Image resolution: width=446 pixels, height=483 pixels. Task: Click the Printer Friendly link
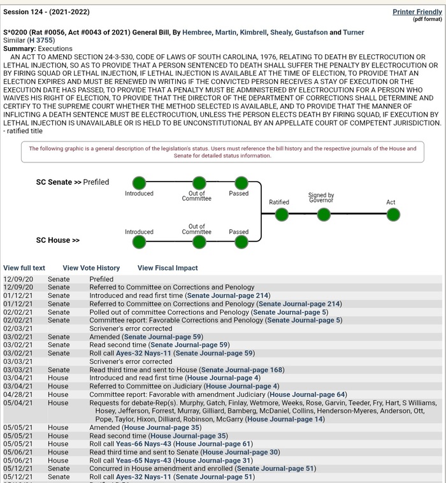point(417,12)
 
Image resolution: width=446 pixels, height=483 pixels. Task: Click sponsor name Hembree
point(194,32)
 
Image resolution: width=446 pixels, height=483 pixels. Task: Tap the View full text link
point(24,268)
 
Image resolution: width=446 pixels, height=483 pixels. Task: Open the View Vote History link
point(91,268)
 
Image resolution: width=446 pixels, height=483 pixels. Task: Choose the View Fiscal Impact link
point(168,268)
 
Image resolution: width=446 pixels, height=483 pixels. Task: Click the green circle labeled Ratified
point(282,215)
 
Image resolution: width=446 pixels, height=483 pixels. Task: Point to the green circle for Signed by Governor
point(324,215)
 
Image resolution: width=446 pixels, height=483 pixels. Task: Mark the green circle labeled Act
point(391,215)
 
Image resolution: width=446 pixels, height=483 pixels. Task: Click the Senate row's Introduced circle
point(139,182)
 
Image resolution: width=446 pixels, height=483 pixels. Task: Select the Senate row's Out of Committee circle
point(199,182)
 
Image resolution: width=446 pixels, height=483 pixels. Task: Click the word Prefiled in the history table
point(101,279)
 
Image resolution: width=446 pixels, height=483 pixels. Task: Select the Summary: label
point(19,49)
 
